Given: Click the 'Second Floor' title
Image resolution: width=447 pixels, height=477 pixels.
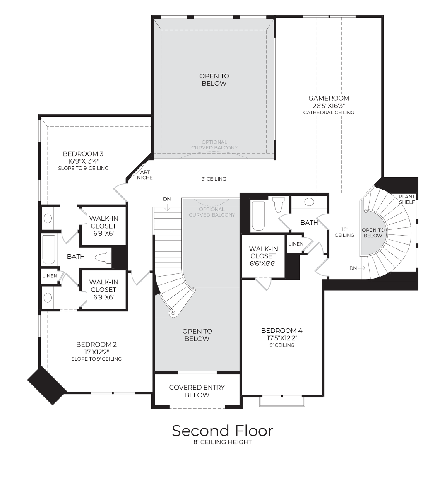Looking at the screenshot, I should click(223, 431).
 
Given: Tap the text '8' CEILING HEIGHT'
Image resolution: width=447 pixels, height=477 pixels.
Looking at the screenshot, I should click(223, 442).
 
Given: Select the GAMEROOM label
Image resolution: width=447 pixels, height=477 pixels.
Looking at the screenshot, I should click(329, 98).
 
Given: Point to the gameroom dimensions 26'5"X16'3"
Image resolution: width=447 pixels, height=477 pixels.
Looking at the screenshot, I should click(329, 106).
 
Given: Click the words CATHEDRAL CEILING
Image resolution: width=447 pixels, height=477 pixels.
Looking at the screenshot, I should click(329, 113).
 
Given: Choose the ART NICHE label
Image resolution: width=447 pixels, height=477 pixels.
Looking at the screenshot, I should click(145, 175).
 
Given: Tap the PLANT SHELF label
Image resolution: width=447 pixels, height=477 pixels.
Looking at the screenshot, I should click(406, 200).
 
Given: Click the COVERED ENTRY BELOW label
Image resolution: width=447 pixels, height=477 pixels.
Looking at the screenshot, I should click(197, 391).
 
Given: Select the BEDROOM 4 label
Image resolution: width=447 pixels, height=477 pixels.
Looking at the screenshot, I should click(281, 330).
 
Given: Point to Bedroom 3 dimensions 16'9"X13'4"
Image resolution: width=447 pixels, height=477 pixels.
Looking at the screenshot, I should click(83, 161).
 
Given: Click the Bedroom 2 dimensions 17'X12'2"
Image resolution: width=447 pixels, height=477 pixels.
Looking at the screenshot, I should click(96, 352).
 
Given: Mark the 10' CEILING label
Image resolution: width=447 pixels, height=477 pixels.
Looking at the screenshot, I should click(344, 232).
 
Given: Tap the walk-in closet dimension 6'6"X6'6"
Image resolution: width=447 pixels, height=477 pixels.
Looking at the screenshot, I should click(263, 263).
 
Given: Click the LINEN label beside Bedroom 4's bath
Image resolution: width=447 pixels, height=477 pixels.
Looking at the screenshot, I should click(296, 244).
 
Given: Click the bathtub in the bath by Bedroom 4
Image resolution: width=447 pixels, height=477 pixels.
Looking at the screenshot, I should click(258, 216).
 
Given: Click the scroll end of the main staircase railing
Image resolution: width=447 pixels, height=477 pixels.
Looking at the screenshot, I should click(173, 313).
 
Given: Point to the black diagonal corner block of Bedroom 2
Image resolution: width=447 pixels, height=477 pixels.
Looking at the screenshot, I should click(46, 385).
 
